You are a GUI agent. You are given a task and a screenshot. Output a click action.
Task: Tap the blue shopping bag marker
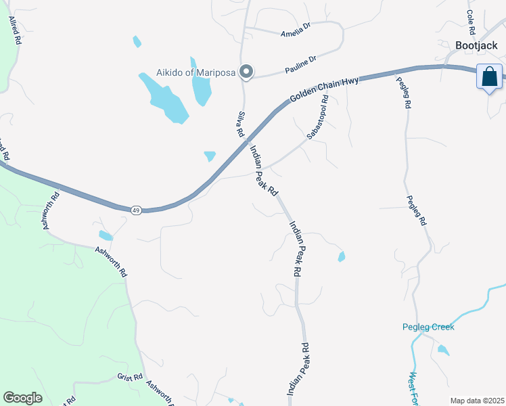[x=489, y=76]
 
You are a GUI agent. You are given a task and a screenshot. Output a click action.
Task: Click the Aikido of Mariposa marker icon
[x=248, y=71]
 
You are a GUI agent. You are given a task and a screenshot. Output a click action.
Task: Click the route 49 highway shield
[x=136, y=210]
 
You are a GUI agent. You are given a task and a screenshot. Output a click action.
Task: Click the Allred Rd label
[x=15, y=31]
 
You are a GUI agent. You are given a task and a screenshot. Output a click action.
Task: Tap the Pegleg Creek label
[x=428, y=327]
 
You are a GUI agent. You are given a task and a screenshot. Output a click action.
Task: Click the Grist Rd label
[x=129, y=377]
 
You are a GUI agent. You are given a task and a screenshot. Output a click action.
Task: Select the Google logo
[x=22, y=398]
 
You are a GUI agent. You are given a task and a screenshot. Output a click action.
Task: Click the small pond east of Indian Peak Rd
[x=342, y=256]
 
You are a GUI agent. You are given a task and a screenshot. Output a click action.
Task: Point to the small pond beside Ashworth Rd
[x=106, y=235]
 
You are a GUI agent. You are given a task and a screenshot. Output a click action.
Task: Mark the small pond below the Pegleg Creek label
[x=442, y=350]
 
